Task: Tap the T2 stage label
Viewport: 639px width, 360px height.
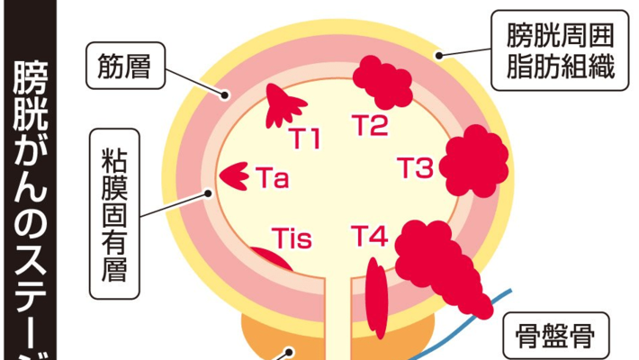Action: (369, 127)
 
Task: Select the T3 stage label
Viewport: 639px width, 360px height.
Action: (416, 168)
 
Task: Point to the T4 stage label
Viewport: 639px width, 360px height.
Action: (369, 237)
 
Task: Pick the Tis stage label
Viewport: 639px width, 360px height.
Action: (291, 238)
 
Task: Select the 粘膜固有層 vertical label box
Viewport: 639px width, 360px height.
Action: (113, 215)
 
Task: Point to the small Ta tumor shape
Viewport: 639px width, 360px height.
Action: (236, 175)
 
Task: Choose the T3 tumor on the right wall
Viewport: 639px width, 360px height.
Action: (471, 162)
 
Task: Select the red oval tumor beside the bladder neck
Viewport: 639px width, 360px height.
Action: (377, 296)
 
